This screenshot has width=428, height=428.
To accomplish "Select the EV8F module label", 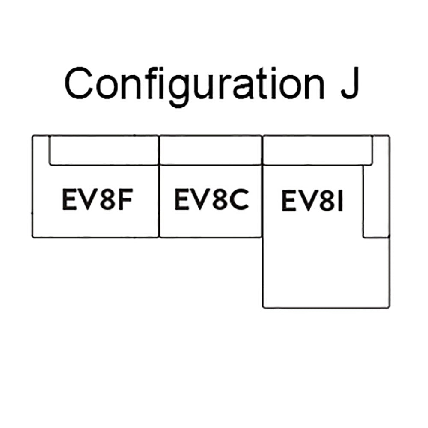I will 96,200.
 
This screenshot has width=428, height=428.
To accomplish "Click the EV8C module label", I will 211,199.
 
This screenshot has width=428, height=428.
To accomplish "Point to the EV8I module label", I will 313,202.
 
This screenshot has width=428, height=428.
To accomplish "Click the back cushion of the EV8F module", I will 104,150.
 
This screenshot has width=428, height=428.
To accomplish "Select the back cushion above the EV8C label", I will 211,150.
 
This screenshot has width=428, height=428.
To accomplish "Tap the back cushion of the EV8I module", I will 317,150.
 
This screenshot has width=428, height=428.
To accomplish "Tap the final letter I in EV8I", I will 341,202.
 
